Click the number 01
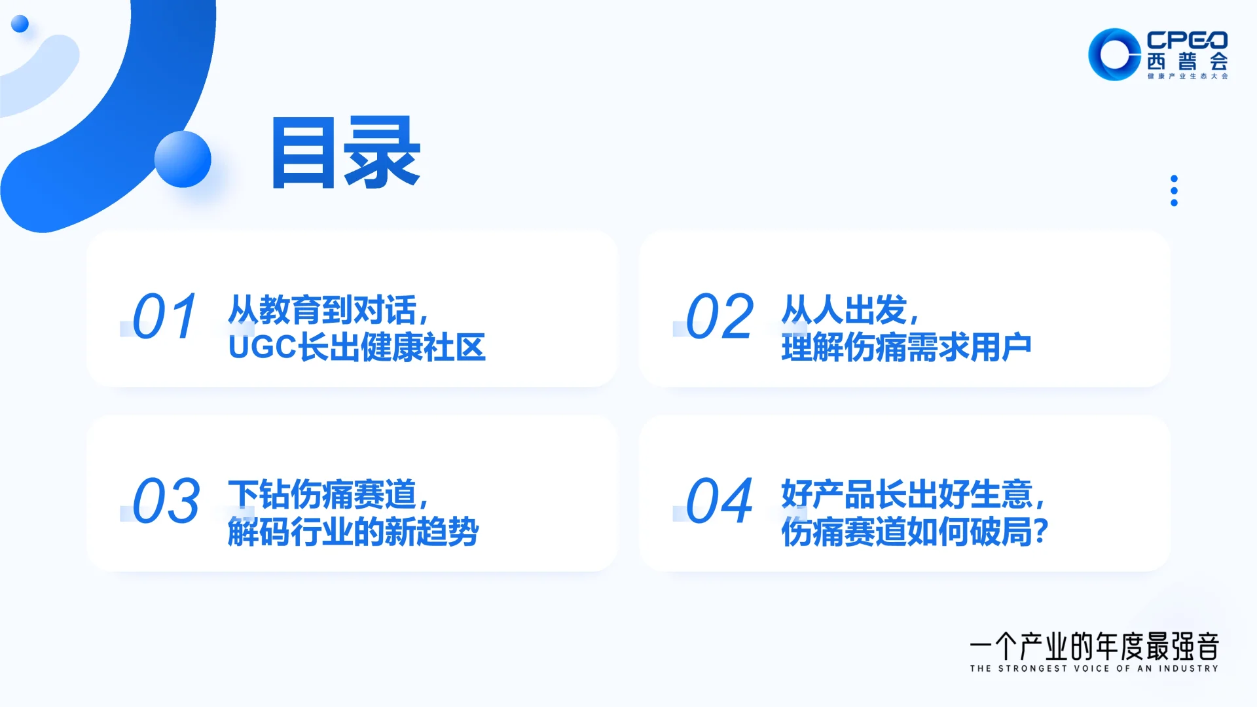coord(164,316)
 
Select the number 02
coord(720,316)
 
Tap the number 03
coord(166,501)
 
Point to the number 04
coord(720,501)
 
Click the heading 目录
coord(346,153)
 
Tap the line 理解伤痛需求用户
coord(906,348)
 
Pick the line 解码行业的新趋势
coord(353,532)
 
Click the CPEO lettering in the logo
coord(1187,40)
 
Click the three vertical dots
coord(1174,190)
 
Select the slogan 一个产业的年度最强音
coord(1094,647)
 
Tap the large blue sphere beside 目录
coord(183,159)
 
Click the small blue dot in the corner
coord(20,24)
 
